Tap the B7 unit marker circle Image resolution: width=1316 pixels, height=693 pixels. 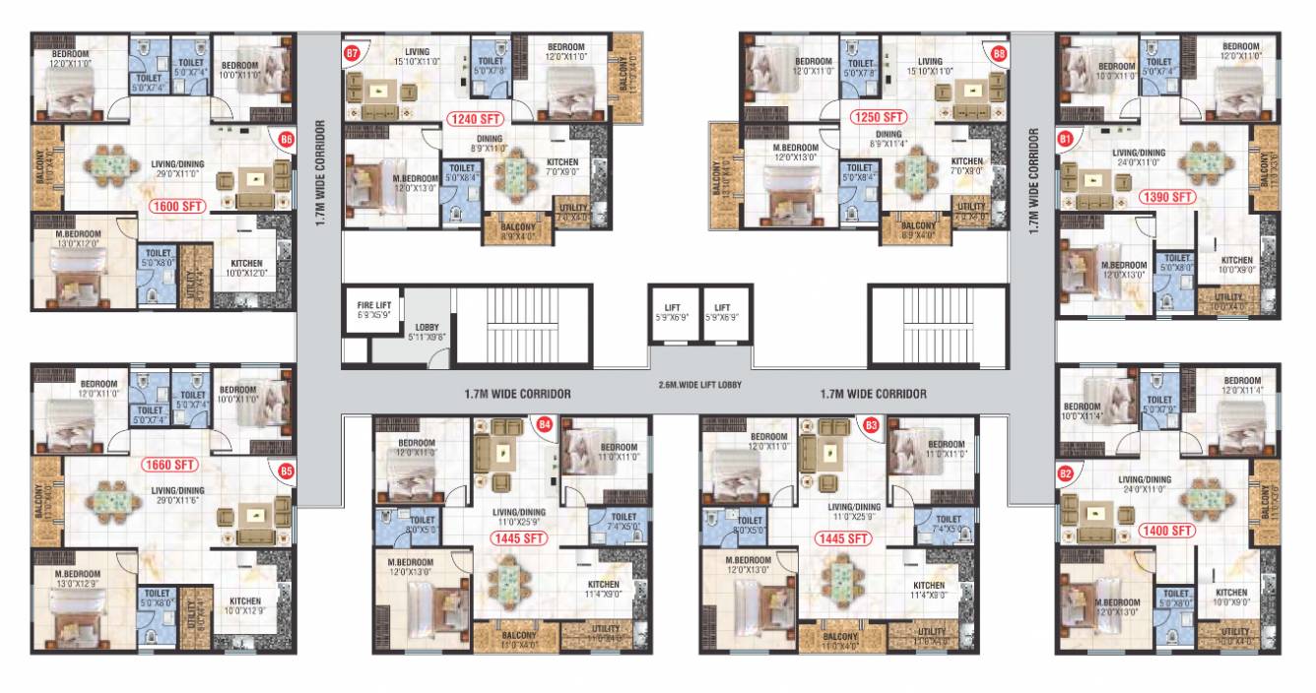[352, 53]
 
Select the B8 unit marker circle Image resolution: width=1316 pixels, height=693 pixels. [999, 53]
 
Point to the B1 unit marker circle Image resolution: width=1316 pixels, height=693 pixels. [1064, 140]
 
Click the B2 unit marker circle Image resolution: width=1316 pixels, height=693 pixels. [1064, 473]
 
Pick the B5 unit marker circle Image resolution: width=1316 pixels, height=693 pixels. [287, 470]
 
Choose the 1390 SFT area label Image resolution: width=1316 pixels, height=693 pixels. [1167, 197]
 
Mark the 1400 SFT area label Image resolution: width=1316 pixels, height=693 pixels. [1167, 531]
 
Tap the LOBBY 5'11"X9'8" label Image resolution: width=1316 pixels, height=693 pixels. [427, 331]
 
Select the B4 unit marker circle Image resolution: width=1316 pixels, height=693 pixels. [544, 425]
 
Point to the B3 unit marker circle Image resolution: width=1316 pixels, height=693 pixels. [871, 425]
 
